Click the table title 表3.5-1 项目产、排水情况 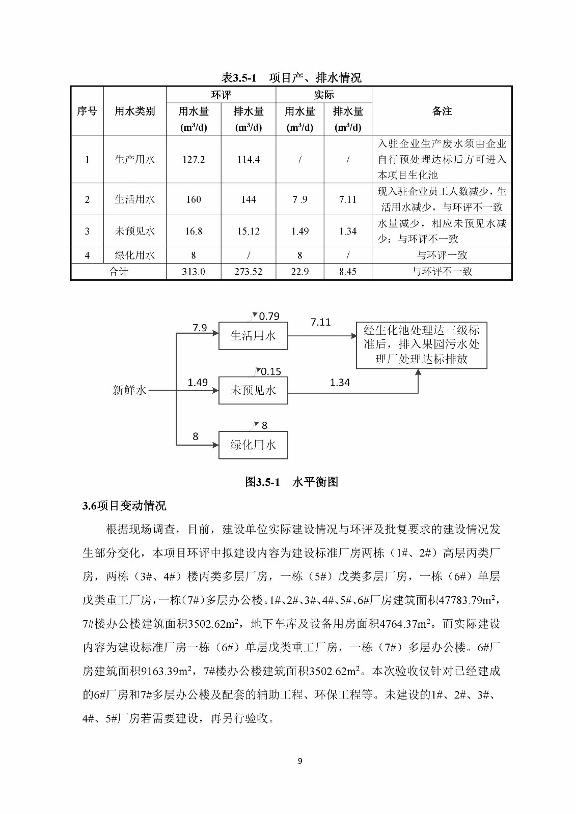pyautogui.click(x=291, y=77)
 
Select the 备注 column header pyautogui.click(x=442, y=111)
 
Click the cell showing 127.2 pyautogui.click(x=194, y=159)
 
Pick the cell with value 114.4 pyautogui.click(x=249, y=159)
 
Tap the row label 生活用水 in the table pyautogui.click(x=134, y=199)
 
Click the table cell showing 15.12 pyautogui.click(x=249, y=231)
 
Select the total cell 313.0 pyautogui.click(x=194, y=272)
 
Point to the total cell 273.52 pyautogui.click(x=249, y=272)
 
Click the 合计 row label pyautogui.click(x=119, y=272)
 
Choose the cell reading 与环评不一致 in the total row pyautogui.click(x=442, y=272)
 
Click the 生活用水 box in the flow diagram pyautogui.click(x=253, y=336)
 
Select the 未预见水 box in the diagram pyautogui.click(x=253, y=390)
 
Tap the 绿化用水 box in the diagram pyautogui.click(x=253, y=445)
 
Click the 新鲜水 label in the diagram pyautogui.click(x=129, y=390)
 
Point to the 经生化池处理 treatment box pyautogui.click(x=421, y=344)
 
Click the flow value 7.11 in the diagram pyautogui.click(x=320, y=322)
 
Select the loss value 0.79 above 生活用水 pyautogui.click(x=269, y=316)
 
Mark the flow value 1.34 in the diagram pyautogui.click(x=340, y=383)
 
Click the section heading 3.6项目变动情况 pyautogui.click(x=124, y=506)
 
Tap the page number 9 pyautogui.click(x=299, y=761)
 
